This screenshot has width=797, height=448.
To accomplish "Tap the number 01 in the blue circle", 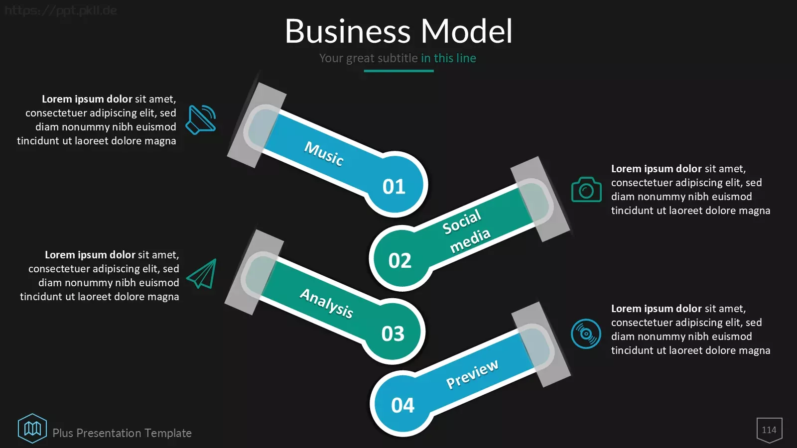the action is pos(394,186).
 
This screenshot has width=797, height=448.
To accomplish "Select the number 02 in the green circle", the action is pos(400,261).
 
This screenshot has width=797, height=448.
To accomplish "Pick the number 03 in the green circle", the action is pos(393,334).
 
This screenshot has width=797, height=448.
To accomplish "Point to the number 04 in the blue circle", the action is pos(403,405).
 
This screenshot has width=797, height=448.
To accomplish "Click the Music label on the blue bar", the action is pos(324,154).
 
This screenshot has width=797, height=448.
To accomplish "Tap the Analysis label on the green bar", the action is pos(327,303).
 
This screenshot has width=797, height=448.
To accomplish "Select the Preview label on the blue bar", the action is pos(472,374).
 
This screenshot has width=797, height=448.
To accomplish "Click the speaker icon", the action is pos(201,120).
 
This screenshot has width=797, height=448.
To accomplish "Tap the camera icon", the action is pos(586,189).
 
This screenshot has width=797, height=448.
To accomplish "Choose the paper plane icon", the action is pos(202,274).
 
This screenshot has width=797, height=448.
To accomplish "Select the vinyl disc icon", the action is pos(586,334).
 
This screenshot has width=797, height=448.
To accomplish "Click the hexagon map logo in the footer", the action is pos(32,429).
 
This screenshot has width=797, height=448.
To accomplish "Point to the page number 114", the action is pos(769,430).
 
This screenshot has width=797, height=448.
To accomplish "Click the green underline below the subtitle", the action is pos(398,71).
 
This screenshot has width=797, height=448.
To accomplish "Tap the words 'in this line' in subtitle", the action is pos(448,58).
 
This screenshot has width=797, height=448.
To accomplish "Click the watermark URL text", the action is pos(60,10).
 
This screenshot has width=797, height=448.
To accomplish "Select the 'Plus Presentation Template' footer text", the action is pos(122,433).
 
